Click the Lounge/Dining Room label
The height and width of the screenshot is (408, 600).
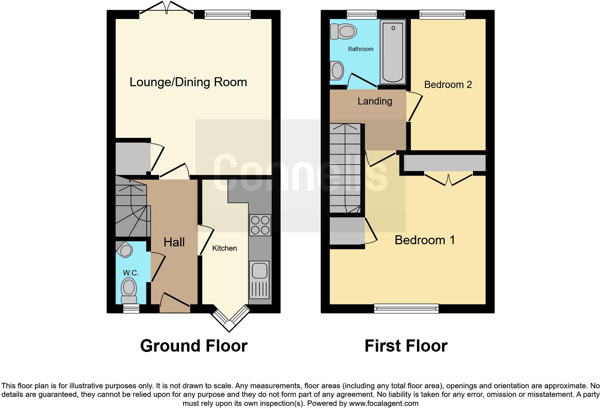coord(188,82)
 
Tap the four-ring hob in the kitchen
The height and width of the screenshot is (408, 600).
coord(260,225)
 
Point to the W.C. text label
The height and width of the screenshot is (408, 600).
coord(131,273)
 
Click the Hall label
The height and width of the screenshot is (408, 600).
coord(174,242)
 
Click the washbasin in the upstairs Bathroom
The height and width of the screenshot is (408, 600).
coord(337,70)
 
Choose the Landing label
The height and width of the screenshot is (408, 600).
coord(375,101)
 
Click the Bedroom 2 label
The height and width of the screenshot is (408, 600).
coord(448,85)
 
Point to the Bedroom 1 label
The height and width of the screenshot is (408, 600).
coord(425,240)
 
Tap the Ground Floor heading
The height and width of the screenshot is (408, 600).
coord(194,346)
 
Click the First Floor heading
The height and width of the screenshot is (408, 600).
coord(406,346)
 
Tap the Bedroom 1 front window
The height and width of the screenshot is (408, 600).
coord(406,308)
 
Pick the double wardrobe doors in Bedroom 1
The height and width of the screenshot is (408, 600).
coord(448,179)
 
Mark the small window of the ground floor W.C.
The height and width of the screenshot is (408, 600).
coord(131,308)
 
